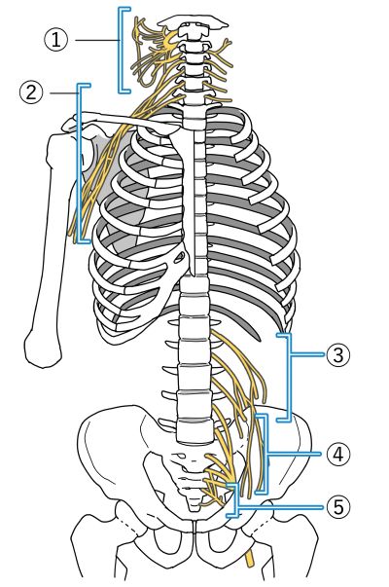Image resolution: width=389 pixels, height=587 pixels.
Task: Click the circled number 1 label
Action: [x=56, y=40]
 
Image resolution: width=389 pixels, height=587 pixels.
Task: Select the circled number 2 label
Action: [x=31, y=92]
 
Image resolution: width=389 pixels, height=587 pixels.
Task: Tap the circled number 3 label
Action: [x=338, y=354]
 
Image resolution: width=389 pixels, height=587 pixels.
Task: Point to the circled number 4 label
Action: [x=338, y=454]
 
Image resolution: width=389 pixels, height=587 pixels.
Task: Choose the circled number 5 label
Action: [x=338, y=507]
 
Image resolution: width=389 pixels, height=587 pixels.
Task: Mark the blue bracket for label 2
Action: [x=79, y=164]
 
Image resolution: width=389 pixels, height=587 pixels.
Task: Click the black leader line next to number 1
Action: [x=97, y=40]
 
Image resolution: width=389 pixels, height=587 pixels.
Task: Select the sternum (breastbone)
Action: [x=185, y=195]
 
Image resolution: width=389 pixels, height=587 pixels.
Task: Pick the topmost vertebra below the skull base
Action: [x=193, y=31]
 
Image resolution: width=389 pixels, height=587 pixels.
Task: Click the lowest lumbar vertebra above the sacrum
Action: [x=194, y=430]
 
